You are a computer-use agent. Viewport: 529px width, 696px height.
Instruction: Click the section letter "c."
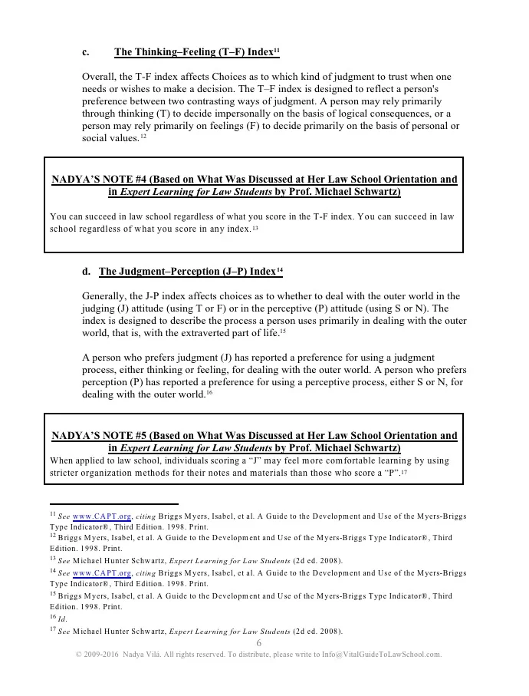86,52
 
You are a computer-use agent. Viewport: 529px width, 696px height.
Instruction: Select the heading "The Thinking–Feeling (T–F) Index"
193,52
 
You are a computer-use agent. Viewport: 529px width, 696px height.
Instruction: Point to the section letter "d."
86,272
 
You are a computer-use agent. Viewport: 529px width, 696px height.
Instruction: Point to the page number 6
259,643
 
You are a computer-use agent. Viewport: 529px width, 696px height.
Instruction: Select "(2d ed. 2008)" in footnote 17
318,632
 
